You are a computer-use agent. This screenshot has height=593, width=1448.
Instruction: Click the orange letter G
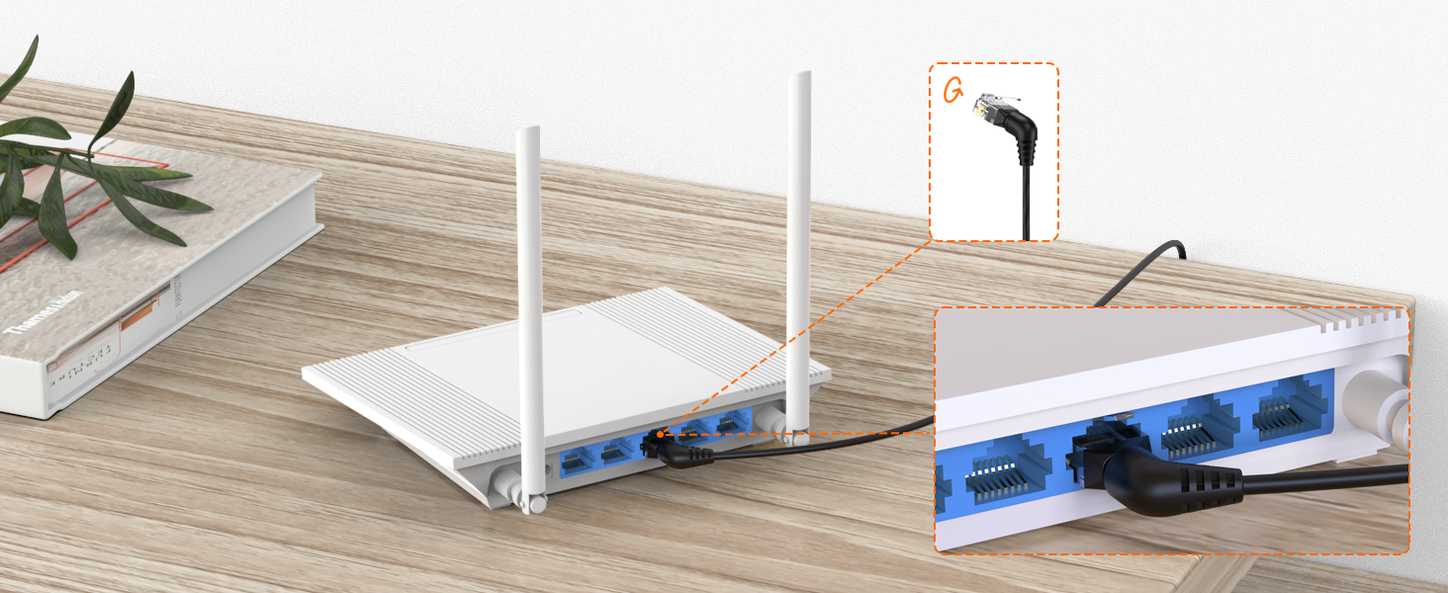click(953, 91)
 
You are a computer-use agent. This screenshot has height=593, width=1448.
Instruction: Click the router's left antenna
click(529, 296)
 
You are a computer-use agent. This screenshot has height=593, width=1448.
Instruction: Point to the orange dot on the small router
click(659, 433)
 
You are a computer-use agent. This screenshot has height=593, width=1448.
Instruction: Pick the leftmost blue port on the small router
click(576, 460)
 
